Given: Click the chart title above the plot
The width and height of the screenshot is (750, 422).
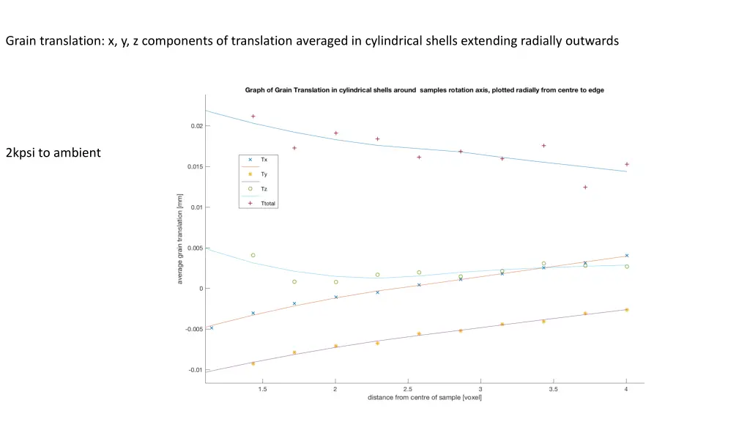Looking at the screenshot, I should click(424, 90).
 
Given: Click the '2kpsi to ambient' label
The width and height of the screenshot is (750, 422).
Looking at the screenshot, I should click(53, 153).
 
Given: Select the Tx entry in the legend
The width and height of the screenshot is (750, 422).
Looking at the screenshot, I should click(264, 160).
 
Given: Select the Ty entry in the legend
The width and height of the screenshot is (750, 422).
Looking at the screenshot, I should click(264, 174).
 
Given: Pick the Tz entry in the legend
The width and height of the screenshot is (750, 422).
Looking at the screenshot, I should click(264, 189).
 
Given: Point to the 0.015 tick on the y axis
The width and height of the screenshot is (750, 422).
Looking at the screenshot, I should click(194, 167).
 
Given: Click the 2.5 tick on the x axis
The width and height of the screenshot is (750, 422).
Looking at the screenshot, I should click(408, 389).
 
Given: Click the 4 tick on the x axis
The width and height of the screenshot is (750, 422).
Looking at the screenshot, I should click(626, 389).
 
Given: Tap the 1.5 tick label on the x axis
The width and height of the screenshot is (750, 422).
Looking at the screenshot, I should click(262, 389).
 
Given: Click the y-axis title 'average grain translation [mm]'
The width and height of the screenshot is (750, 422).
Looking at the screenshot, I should click(180, 239).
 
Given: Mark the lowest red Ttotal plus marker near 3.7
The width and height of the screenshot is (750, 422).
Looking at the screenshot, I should click(585, 188).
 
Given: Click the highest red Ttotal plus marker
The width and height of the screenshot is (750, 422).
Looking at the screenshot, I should click(253, 116).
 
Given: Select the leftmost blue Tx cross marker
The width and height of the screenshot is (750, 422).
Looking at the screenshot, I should click(212, 327).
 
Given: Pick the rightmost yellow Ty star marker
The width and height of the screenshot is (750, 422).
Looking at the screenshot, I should click(627, 310).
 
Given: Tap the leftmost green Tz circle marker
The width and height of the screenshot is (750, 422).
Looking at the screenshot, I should click(253, 256).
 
